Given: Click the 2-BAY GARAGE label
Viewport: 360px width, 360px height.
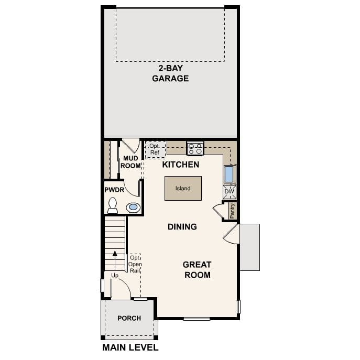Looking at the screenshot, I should click(170, 73).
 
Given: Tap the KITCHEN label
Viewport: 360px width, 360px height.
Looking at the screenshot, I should click(180, 165).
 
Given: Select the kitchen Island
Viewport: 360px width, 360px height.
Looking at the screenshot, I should click(183, 188).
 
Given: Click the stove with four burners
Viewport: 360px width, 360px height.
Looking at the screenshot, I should click(195, 148).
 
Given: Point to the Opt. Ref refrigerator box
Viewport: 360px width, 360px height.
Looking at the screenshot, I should click(155, 149).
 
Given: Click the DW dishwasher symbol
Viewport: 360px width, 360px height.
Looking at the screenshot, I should click(230, 192).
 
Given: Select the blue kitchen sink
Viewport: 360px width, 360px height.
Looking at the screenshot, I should click(230, 173).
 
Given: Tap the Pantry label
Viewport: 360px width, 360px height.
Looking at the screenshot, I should click(232, 211).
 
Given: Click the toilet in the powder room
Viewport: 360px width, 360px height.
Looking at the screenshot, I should click(113, 205).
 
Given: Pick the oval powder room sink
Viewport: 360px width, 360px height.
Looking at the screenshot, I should click(134, 208).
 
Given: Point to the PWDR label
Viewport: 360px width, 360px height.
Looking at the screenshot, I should click(114, 190).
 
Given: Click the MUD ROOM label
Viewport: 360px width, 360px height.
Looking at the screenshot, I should click(130, 161).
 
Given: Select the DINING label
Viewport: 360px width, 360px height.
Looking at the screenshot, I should click(182, 227).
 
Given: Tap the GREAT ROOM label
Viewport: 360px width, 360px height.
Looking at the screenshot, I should click(197, 269).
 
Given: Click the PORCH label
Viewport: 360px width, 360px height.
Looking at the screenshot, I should click(129, 318).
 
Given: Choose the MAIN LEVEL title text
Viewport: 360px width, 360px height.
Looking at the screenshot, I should click(130, 347).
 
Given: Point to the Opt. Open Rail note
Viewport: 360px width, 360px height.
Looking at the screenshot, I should click(135, 264).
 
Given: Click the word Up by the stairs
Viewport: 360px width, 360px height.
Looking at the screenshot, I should click(115, 275).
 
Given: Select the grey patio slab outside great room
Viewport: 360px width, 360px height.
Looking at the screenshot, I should click(249, 247).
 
